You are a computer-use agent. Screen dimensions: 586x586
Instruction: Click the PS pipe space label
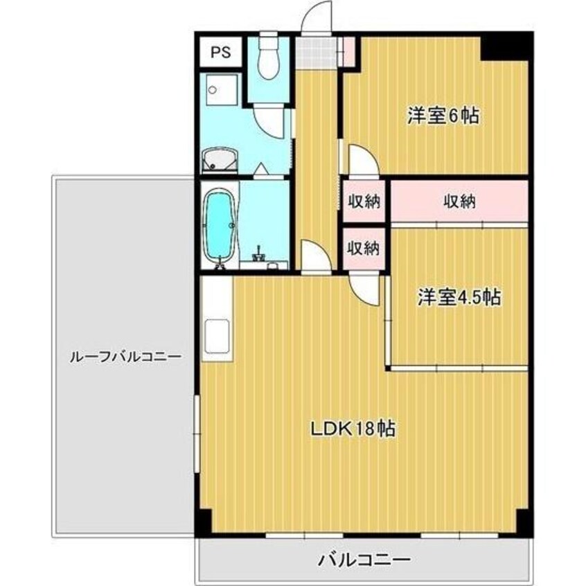click(x=220, y=51)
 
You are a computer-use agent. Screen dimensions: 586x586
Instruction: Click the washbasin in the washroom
click(x=220, y=160)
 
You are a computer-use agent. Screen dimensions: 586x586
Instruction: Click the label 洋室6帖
click(x=443, y=116)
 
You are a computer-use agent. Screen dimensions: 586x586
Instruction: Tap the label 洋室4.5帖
click(x=459, y=297)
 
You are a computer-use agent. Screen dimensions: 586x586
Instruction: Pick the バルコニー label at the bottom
click(x=365, y=559)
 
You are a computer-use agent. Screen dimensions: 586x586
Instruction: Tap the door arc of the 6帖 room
click(x=363, y=161)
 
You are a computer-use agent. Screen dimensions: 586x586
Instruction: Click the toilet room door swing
click(x=271, y=122)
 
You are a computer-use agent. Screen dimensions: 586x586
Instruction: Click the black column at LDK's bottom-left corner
click(x=202, y=521)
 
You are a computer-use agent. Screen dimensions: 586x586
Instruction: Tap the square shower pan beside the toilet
click(x=220, y=94)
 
